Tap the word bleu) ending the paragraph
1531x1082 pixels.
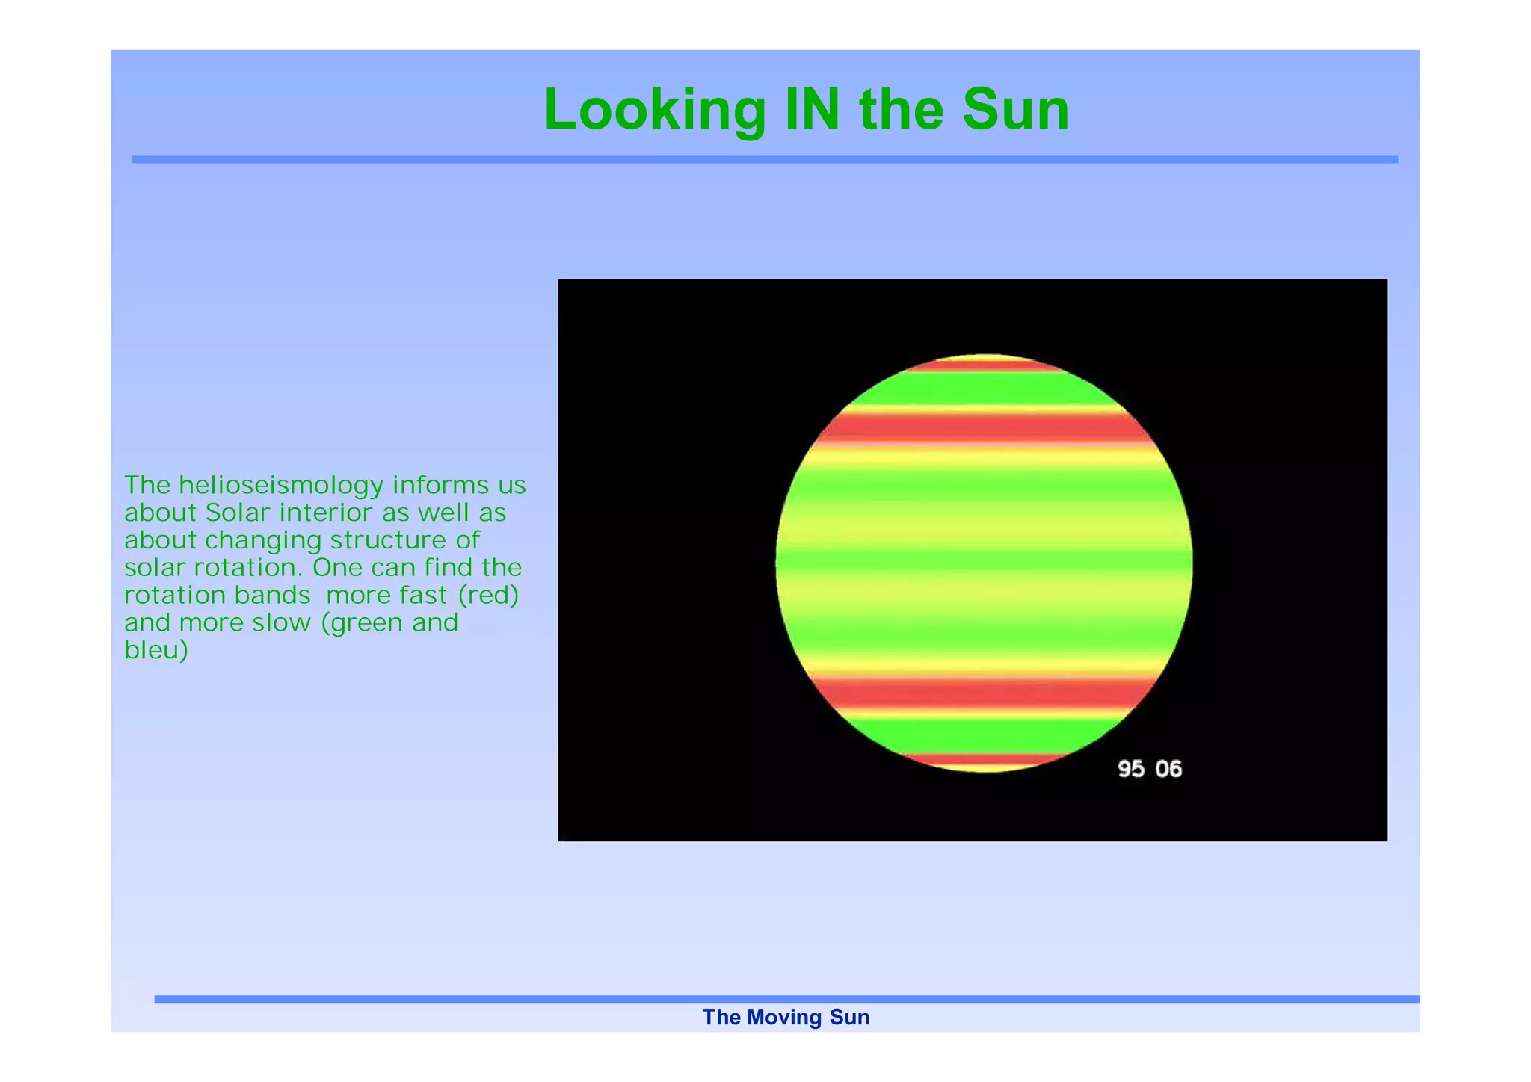click(x=155, y=650)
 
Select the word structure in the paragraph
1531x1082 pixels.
click(x=389, y=540)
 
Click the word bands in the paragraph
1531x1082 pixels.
click(x=272, y=596)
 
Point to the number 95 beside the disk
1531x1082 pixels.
click(x=1130, y=769)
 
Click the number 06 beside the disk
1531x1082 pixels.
click(x=1168, y=769)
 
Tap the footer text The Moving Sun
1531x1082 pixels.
click(x=786, y=1017)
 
